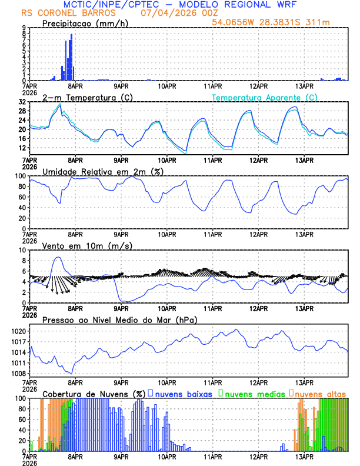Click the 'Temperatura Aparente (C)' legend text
pyautogui.click(x=265, y=97)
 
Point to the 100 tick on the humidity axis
pyautogui.click(x=21, y=176)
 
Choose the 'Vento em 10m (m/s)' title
pyautogui.click(x=87, y=245)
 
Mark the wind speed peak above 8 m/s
pyautogui.click(x=58, y=258)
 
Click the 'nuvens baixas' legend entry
pyautogui.click(x=182, y=393)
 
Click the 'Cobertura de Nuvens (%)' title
pyautogui.click(x=94, y=393)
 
